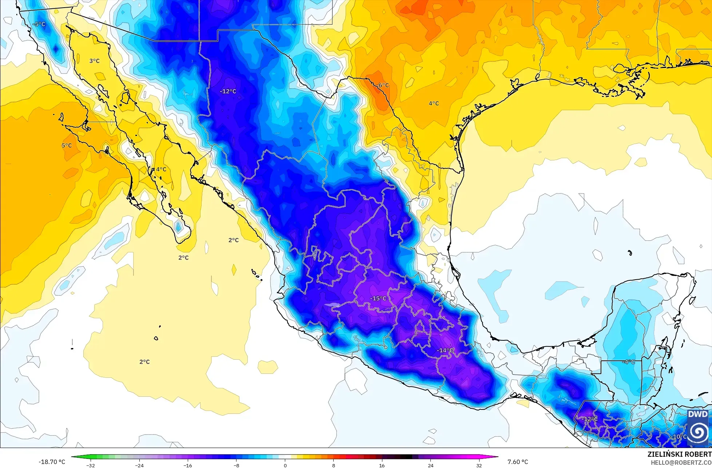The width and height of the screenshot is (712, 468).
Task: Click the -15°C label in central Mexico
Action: click(378, 298)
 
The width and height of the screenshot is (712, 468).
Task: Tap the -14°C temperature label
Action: click(445, 350)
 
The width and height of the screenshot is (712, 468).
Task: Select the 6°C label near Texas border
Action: click(383, 85)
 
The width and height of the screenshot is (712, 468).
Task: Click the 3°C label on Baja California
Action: click(94, 61)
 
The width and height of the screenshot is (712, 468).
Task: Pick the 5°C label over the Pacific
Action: click(66, 145)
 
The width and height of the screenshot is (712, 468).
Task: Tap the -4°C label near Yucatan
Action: click(628, 362)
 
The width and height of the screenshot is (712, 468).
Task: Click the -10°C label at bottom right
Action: click(679, 437)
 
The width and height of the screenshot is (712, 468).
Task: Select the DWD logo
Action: click(698, 428)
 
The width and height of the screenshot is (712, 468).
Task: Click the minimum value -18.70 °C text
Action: click(52, 462)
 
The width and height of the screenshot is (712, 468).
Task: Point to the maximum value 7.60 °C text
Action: click(518, 462)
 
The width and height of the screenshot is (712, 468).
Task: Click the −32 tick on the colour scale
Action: click(90, 465)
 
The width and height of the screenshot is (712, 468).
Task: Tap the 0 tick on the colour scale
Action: click(285, 465)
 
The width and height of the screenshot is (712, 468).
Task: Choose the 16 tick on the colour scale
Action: click(382, 465)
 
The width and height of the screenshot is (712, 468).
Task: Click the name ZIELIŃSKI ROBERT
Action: click(679, 454)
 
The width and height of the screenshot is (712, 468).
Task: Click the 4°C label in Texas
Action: click(433, 103)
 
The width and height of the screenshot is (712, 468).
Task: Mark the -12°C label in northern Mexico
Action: click(228, 91)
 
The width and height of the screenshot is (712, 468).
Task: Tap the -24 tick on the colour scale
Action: click(139, 465)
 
